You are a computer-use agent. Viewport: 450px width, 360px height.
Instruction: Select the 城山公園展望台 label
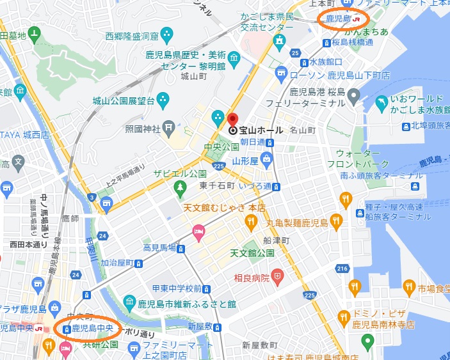[x=124, y=100]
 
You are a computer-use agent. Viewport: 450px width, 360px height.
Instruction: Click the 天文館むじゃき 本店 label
[x=224, y=208]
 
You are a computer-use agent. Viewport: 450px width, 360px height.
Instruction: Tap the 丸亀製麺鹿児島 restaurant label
[x=297, y=223]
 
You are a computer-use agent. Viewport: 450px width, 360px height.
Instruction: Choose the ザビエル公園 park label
[x=179, y=174]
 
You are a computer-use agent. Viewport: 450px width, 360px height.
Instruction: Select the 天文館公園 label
[x=252, y=253]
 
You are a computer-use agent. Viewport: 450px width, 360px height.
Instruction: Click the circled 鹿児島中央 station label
[x=92, y=329]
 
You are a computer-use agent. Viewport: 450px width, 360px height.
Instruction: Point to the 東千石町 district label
[x=216, y=185]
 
